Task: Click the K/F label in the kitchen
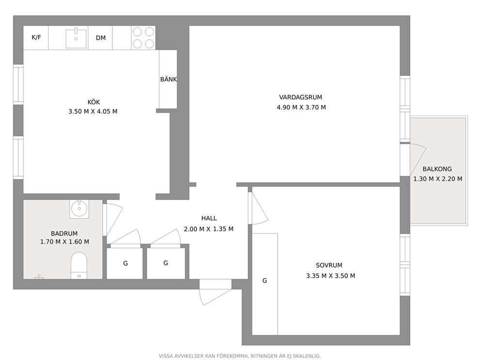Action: coord(36,37)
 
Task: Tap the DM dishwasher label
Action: coord(101,38)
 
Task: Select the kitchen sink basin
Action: coord(76,38)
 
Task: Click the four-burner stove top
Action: coord(143,38)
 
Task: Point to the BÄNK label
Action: coord(168,79)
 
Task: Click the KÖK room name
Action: coord(94,102)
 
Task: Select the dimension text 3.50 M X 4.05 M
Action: coord(93,111)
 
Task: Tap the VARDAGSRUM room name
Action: coord(300,97)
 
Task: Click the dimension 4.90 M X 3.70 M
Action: coord(301,107)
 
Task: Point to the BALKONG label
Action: coord(437,169)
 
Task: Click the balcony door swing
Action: coord(418,160)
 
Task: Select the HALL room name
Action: coord(209,218)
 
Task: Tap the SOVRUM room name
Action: coord(329,266)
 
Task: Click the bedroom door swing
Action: coord(259,208)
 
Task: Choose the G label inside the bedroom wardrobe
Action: coord(265,281)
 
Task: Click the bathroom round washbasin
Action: coord(79,209)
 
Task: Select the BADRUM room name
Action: coord(64,233)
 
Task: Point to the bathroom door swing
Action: coord(114,220)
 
